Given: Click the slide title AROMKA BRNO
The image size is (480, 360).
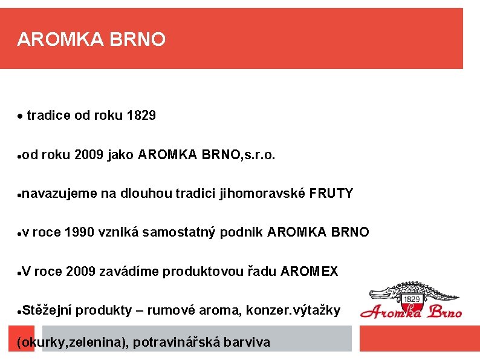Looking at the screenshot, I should click(x=91, y=40).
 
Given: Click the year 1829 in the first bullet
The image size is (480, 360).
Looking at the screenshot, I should click(x=142, y=115).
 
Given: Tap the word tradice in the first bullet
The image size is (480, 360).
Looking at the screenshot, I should click(x=49, y=115).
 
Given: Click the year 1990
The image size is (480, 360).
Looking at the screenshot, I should click(x=79, y=232).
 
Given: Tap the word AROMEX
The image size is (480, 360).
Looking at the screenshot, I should click(x=310, y=271).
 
